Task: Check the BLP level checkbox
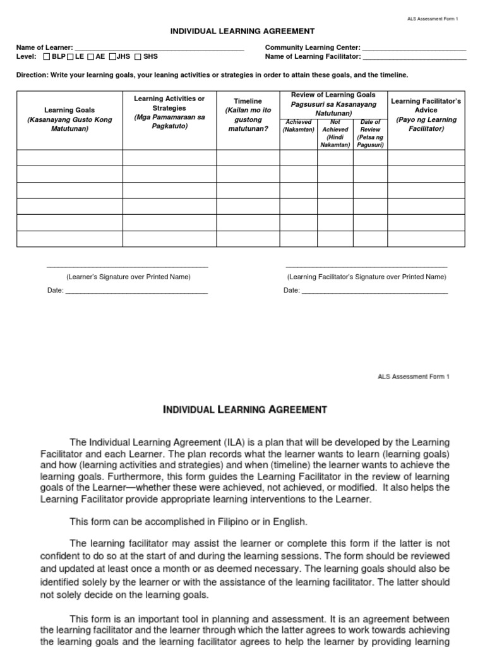tap(47, 57)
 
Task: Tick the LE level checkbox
tap(71, 57)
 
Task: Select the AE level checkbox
tap(91, 57)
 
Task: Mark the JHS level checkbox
tap(112, 57)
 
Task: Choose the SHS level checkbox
tap(138, 57)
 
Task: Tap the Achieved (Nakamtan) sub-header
tap(299, 125)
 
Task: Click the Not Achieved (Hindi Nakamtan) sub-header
tap(335, 133)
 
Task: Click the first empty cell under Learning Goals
tap(69, 157)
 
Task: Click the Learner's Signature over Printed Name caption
tap(128, 277)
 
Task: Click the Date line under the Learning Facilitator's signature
tap(374, 291)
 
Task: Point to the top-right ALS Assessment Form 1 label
tap(433, 19)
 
